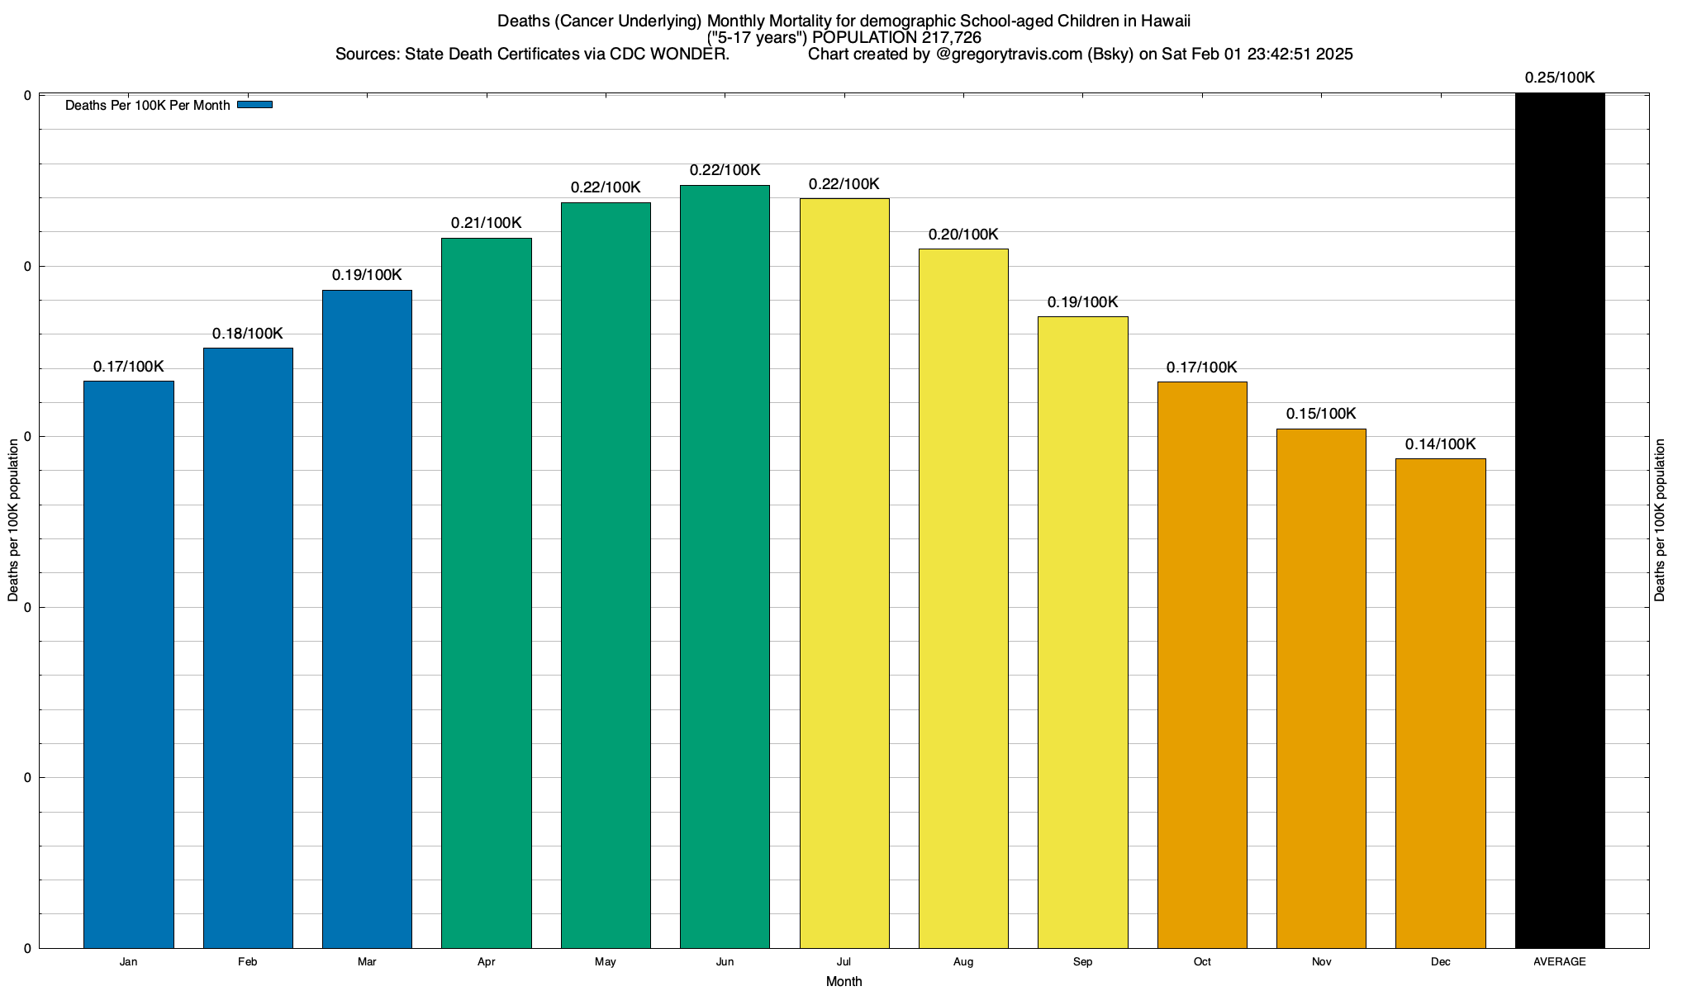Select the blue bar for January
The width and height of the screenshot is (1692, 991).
click(x=129, y=664)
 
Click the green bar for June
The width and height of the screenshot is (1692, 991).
click(x=725, y=567)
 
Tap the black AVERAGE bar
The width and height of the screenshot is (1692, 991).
click(x=1560, y=520)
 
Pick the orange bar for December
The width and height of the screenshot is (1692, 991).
click(x=1440, y=703)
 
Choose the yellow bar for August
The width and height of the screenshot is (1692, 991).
click(x=963, y=598)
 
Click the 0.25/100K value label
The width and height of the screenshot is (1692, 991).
click(x=1560, y=78)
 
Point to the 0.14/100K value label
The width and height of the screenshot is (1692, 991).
click(x=1440, y=444)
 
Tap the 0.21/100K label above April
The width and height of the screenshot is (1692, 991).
click(x=486, y=223)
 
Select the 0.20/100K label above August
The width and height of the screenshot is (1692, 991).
click(x=963, y=235)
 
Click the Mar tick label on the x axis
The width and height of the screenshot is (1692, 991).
click(x=367, y=962)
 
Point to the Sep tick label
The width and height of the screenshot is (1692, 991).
click(x=1082, y=962)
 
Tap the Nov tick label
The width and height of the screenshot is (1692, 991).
click(x=1321, y=962)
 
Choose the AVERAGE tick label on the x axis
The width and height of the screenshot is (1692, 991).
click(x=1560, y=962)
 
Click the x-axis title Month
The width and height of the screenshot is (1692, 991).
click(x=844, y=981)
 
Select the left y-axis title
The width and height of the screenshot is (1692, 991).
click(x=13, y=520)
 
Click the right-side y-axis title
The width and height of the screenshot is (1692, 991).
click(x=1660, y=520)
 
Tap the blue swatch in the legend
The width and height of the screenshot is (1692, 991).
click(x=254, y=105)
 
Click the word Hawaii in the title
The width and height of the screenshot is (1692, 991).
click(x=1165, y=21)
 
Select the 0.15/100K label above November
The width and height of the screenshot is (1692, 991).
click(x=1321, y=414)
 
